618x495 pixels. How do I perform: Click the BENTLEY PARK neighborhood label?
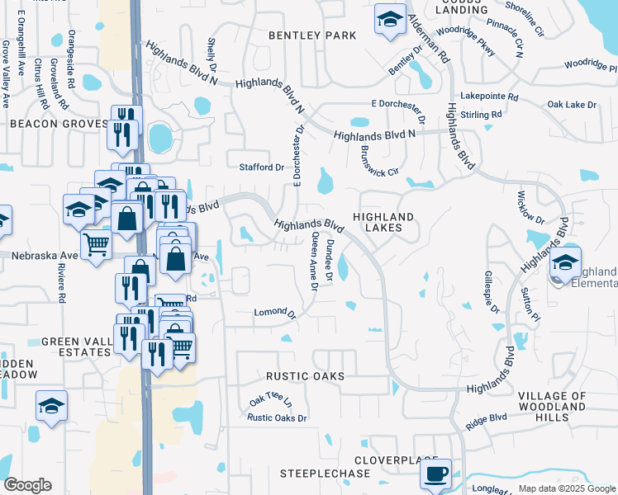coord(312,35)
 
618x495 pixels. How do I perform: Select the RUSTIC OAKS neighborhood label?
coord(305,376)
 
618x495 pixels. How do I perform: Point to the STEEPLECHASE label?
coord(325,474)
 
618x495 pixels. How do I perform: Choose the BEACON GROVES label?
coord(59,124)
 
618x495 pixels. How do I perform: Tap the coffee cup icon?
coord(435,474)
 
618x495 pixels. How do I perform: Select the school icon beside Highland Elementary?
coord(565,263)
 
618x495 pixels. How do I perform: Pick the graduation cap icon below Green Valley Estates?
coord(51,406)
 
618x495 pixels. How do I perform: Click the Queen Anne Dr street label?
coord(314,261)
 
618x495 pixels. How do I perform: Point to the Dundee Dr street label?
coord(329,259)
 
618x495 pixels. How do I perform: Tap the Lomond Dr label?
coord(275,313)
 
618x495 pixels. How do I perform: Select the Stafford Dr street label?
coord(261,167)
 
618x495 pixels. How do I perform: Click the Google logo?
coord(27,485)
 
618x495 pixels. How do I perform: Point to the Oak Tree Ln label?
coord(271,402)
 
